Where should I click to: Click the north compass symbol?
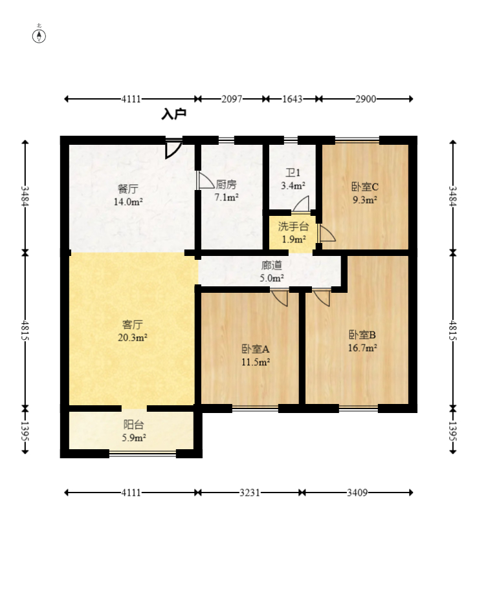pos(39,36)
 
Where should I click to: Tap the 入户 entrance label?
pos(174,114)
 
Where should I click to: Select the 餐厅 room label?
pos(128,189)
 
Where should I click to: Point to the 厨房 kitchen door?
pos(206,180)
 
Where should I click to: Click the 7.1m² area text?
pos(227,197)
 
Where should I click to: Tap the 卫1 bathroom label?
pos(293,173)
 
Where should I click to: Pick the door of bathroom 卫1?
pos(301,204)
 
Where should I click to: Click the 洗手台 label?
pos(293,226)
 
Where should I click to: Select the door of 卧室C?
pos(327,233)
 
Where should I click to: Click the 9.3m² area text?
pos(365,200)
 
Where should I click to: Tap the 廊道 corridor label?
pos(272,265)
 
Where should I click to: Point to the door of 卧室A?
pos(280,298)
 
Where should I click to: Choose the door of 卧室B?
pos(322,298)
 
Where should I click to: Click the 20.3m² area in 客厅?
pos(133,337)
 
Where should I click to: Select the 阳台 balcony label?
pos(133,425)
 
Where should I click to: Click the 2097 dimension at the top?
pos(232,99)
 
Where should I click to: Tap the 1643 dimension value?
pos(292,99)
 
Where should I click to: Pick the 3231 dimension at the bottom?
pos(250,493)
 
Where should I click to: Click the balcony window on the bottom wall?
pos(142,453)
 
